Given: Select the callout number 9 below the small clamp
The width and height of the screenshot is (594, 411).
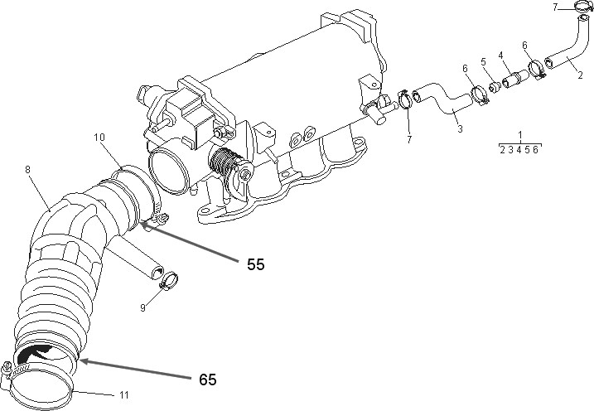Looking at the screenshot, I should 142,307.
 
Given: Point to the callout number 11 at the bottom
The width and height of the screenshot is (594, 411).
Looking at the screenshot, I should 123,394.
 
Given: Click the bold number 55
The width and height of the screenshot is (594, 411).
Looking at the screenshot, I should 257,265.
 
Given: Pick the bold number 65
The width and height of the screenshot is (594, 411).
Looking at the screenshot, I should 209,379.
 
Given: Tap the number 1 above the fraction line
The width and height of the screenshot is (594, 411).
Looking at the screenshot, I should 519,134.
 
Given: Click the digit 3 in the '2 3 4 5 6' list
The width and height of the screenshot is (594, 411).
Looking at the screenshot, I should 509,149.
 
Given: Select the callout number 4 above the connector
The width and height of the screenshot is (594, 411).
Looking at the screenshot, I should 500,56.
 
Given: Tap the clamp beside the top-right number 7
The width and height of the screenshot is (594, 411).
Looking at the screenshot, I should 584,10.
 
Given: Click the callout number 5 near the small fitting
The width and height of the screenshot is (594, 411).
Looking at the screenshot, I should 485,61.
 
